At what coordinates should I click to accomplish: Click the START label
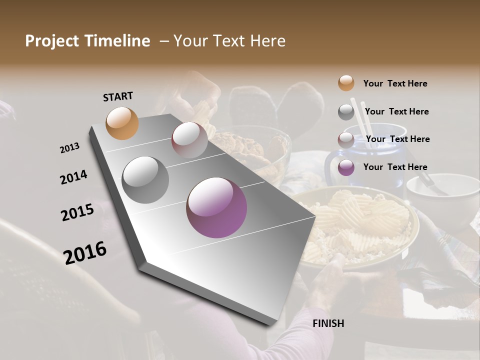click(118, 96)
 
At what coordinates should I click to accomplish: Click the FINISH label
click(328, 323)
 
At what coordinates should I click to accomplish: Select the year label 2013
click(70, 148)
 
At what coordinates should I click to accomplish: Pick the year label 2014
click(74, 177)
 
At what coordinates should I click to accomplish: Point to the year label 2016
click(85, 252)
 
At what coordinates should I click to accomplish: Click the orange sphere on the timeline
click(122, 123)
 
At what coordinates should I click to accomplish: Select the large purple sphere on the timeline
click(216, 207)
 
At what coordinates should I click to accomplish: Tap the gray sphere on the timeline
click(145, 179)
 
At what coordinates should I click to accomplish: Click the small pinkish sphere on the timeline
click(189, 140)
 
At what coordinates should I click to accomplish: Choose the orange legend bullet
click(346, 83)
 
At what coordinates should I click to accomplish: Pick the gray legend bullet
click(346, 112)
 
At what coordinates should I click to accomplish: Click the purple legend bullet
click(346, 167)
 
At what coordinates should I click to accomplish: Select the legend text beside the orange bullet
click(395, 83)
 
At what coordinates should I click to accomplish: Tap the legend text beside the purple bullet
click(395, 167)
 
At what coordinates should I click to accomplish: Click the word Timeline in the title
click(118, 41)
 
